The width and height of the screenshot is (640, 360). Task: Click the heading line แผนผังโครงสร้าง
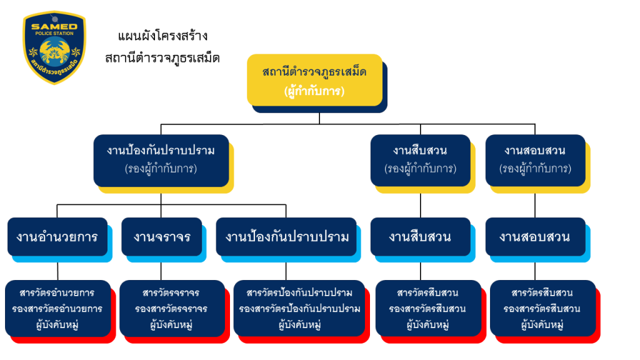tap(162, 36)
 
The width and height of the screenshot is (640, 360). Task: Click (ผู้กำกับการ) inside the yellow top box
tap(314, 91)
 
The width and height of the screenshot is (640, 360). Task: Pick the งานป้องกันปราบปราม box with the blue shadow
tap(286, 237)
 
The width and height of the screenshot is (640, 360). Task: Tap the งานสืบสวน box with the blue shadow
tap(420, 237)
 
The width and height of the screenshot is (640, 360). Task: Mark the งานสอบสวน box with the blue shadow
tap(535, 237)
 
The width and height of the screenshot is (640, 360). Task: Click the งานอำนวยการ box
tap(57, 237)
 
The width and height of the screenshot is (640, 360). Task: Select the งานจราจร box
tap(161, 237)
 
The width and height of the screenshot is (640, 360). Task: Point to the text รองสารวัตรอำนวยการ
tap(57, 309)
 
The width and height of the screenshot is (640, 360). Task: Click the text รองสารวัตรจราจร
tap(171, 309)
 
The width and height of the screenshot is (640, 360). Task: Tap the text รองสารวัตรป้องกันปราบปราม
tap(299, 309)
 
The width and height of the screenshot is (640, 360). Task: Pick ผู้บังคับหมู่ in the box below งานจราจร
tap(171, 324)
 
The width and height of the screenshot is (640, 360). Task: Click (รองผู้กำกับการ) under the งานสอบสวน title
tap(535, 169)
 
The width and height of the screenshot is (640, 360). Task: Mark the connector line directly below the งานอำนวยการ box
tap(57, 269)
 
